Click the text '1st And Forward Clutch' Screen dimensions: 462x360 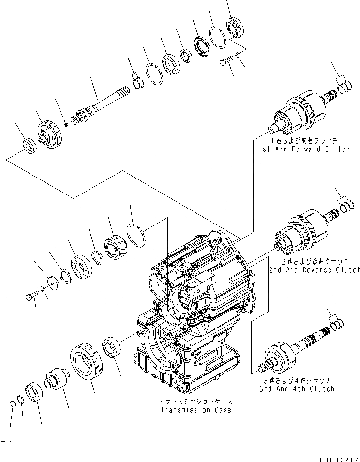(x=304, y=149)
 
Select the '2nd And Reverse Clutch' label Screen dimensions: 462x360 (x=315, y=270)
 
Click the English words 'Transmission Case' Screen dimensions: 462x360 (x=195, y=410)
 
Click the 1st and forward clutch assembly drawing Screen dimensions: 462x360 (x=296, y=114)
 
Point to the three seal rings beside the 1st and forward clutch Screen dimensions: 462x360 (x=344, y=89)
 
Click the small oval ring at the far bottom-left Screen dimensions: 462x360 (x=14, y=404)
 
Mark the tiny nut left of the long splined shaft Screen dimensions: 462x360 (x=66, y=124)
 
